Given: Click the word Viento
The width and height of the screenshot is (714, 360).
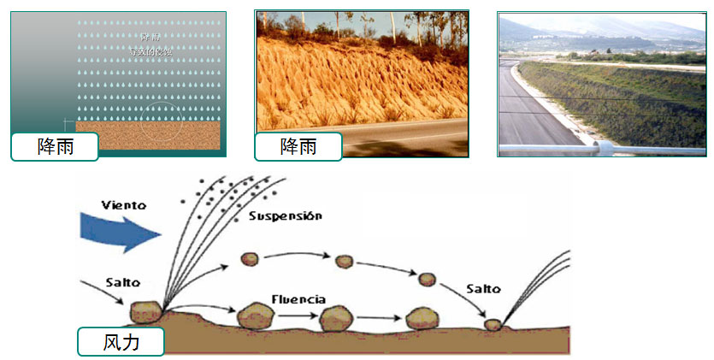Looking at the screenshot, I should [x=123, y=206].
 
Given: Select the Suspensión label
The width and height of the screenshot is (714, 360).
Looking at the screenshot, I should [x=286, y=216].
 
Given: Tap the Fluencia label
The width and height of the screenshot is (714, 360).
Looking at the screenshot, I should [x=298, y=299].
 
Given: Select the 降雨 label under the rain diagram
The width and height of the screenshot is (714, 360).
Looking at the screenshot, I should [x=55, y=146].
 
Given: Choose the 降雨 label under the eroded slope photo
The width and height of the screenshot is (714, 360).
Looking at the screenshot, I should [x=298, y=146].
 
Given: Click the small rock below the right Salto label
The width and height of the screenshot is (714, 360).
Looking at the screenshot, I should [x=492, y=324].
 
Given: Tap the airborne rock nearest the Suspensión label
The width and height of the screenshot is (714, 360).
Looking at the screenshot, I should [x=251, y=258].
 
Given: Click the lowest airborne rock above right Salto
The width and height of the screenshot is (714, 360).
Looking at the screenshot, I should [x=427, y=279].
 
